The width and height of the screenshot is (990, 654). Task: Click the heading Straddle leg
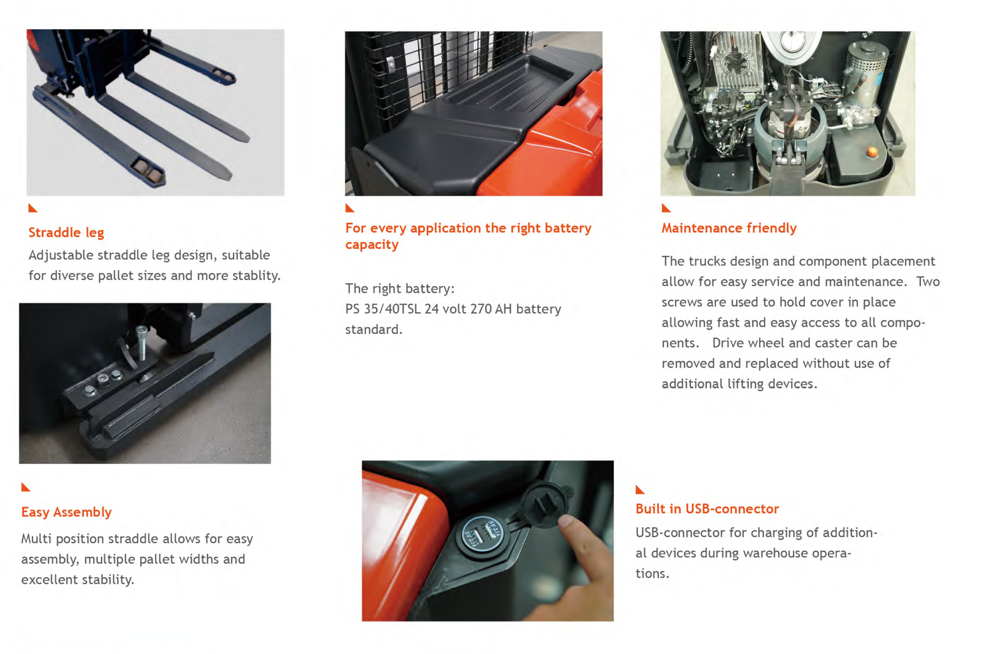(x=66, y=233)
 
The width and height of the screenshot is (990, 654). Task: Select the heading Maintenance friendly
(x=729, y=228)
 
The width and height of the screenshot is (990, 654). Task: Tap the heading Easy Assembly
(x=66, y=512)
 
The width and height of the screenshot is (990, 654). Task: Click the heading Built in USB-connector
(x=707, y=509)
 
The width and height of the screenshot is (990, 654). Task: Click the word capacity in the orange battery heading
(x=372, y=245)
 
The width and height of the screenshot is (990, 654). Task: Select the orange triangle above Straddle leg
(x=33, y=208)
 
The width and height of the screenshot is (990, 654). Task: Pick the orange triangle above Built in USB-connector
(x=640, y=489)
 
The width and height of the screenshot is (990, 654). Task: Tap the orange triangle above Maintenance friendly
(x=666, y=208)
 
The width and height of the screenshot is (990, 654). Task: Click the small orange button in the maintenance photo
(x=873, y=152)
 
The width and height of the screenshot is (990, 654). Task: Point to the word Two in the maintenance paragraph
(x=928, y=281)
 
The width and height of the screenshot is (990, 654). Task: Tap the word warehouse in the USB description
(x=776, y=553)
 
